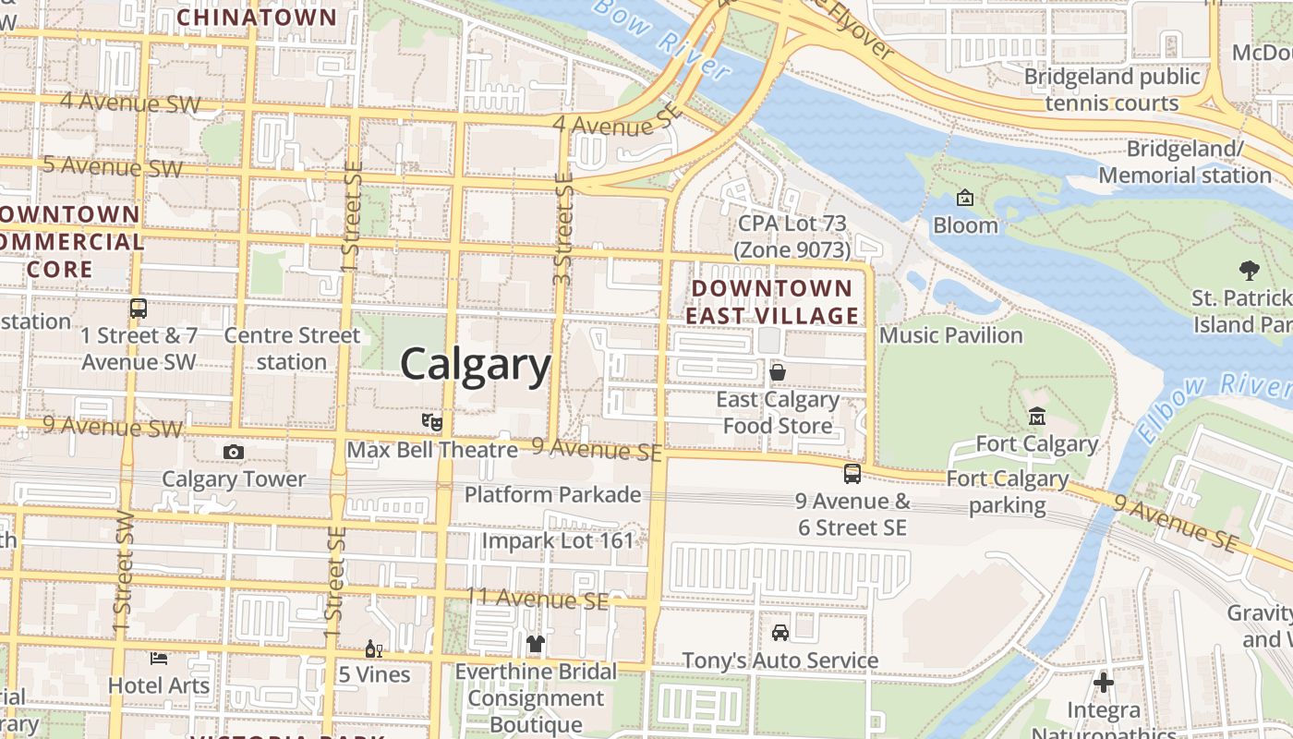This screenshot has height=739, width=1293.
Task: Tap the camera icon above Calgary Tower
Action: point(234,452)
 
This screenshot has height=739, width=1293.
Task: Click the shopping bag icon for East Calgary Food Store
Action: point(778,371)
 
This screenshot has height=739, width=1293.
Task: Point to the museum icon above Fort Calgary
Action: point(1036,417)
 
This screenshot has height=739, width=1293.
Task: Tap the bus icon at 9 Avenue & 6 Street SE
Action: point(852,474)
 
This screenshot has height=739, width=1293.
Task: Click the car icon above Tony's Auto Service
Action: point(780,633)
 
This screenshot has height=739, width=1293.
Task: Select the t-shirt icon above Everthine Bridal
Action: point(536,643)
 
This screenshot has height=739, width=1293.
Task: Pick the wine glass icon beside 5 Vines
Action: point(374,648)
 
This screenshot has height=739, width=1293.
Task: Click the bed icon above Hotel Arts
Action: point(159,658)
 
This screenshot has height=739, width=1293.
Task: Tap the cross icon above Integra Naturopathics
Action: point(1104,684)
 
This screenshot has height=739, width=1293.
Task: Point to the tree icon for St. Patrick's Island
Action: point(1249,271)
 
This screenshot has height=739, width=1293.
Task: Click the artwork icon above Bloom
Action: point(965,198)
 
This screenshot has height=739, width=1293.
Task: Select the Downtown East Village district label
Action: point(772,302)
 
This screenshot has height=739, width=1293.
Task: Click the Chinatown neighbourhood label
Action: point(257,17)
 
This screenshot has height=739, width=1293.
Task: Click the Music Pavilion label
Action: point(951,334)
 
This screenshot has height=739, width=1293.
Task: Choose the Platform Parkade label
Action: point(552,494)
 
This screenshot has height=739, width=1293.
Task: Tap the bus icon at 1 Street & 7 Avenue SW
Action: point(139,309)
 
